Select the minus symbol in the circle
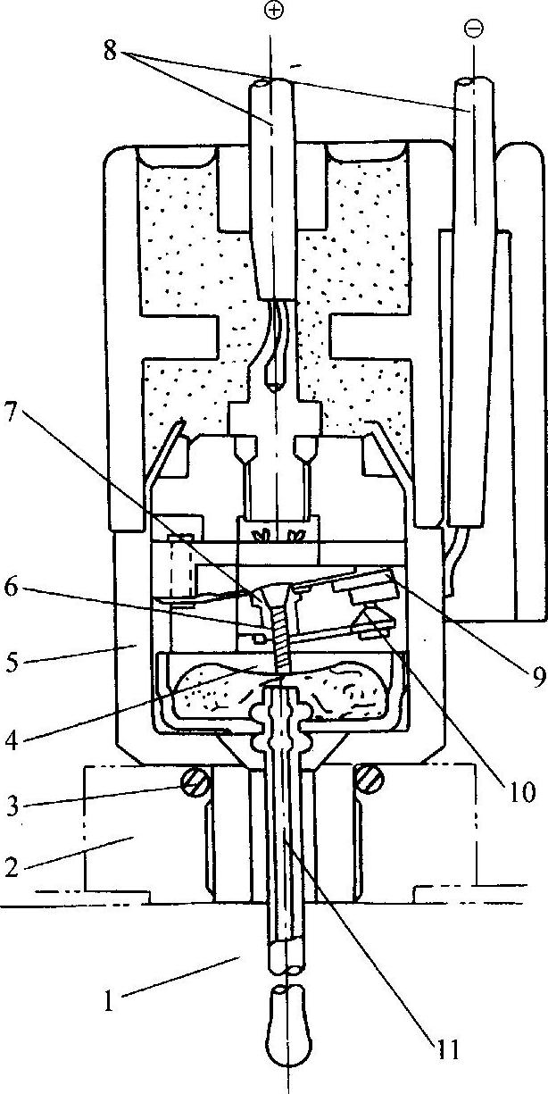[x=473, y=29]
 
